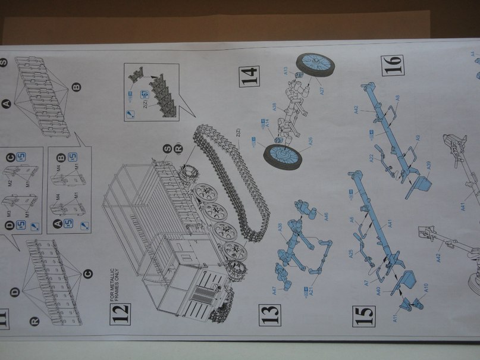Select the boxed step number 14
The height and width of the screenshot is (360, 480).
tap(250, 77)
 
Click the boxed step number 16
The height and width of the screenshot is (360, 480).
tap(393, 64)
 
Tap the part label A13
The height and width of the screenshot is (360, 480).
tap(286, 70)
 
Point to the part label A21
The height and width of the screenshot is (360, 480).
tap(309, 289)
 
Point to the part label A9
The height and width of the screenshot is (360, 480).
tap(418, 138)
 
